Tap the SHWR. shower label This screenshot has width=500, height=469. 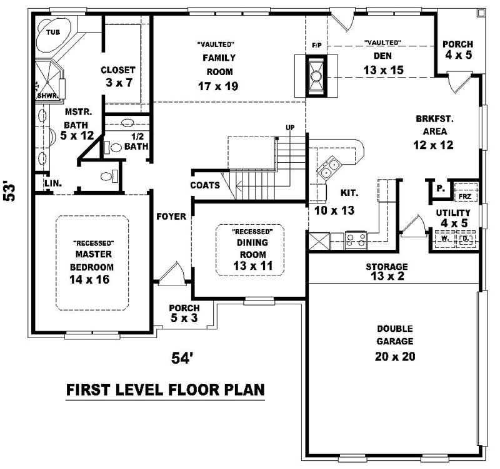pos(43,96)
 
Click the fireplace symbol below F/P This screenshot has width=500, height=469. pos(316,75)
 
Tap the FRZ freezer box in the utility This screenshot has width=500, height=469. pos(464,196)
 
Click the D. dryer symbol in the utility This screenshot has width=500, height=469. pos(464,239)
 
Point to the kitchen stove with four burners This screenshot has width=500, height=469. pos(356,239)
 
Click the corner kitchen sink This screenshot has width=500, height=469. pos(330,167)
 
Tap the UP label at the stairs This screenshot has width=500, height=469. pos(290,128)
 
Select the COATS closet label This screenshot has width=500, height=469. pos(205,185)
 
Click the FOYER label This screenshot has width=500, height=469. pos(171,216)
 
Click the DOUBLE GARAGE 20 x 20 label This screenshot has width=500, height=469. pos(394,343)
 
